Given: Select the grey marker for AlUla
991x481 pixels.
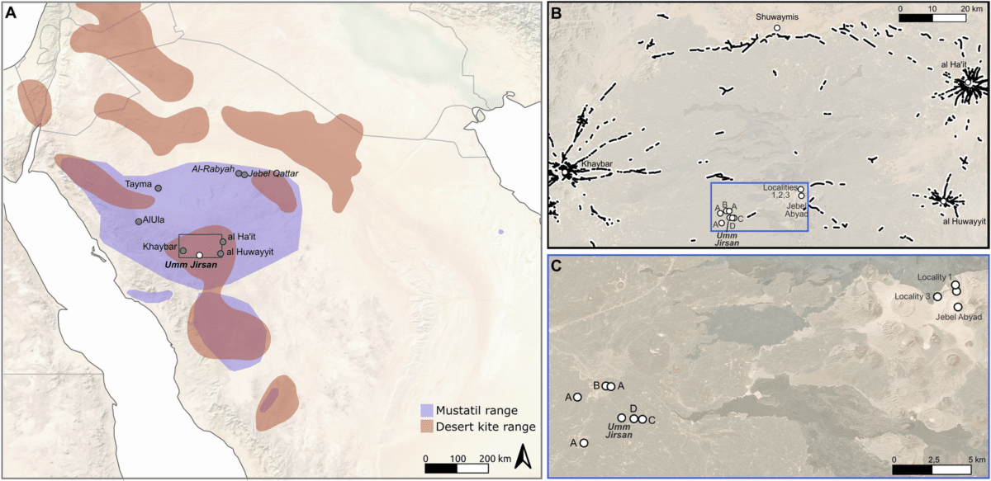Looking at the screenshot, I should point(139,221).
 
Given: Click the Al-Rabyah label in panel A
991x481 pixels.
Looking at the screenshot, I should point(213,167).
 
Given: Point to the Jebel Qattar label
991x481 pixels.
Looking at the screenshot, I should point(273,173).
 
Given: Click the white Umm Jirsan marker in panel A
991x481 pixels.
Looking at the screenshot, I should point(199,255).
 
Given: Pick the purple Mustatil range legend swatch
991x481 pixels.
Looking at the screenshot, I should point(427,409).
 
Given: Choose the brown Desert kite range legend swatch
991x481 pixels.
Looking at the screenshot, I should point(427,427).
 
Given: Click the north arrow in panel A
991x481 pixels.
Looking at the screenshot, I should point(522,455).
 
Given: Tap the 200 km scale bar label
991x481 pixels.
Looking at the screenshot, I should point(491,457).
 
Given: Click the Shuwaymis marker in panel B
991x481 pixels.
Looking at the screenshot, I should point(777,28).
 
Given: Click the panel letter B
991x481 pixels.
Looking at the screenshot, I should point(556,12).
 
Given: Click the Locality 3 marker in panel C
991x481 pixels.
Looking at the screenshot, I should point(937,296).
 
